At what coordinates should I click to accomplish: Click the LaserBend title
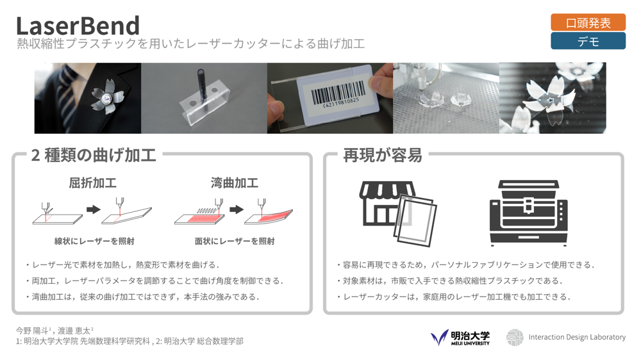(x=78, y=26)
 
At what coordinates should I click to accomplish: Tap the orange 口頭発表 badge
(x=588, y=22)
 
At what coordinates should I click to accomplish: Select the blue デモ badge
(x=588, y=42)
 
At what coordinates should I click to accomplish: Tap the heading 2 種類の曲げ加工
(x=94, y=155)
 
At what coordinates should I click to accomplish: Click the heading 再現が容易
(x=383, y=155)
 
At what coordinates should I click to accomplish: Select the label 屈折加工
(x=93, y=183)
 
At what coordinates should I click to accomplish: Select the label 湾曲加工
(x=235, y=183)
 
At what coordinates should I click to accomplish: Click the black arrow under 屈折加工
(x=94, y=209)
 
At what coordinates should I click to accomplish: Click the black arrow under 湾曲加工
(x=237, y=209)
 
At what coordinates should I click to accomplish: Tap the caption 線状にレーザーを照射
(x=94, y=241)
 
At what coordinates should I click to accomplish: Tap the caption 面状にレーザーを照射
(x=235, y=241)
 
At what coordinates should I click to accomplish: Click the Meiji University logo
(x=460, y=338)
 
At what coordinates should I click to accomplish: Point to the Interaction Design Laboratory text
(x=577, y=337)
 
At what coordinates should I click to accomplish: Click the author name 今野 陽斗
(x=33, y=331)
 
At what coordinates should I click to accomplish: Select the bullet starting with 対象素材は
(x=449, y=281)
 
